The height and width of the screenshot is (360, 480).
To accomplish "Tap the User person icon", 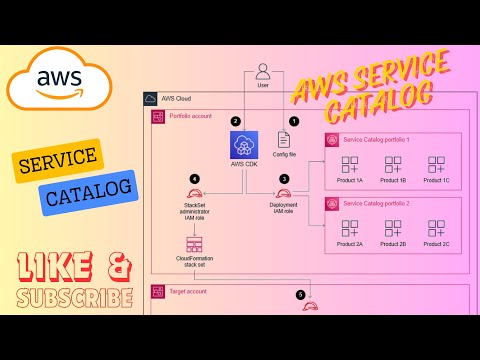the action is point(263,72).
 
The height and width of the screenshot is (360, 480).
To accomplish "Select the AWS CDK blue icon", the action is point(245,146).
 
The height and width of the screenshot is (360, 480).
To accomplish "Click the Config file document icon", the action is point(284,140).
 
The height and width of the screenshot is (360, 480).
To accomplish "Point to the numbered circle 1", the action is point(294,120).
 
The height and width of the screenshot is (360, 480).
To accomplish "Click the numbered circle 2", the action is point(236,121).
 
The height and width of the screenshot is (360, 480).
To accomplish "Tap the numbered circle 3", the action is point(284,178).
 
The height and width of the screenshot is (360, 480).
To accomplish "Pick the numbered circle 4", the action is point(195,179).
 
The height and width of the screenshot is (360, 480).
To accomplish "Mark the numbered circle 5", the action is point(300,295).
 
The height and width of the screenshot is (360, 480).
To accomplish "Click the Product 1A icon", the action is point(351,165).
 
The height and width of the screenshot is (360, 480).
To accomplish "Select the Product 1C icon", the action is point(436,165).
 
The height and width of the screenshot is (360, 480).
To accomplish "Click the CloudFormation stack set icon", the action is point(195,245).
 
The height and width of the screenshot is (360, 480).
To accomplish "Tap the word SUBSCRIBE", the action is point(75,298).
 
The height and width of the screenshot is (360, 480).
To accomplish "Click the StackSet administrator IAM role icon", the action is point(195,193).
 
